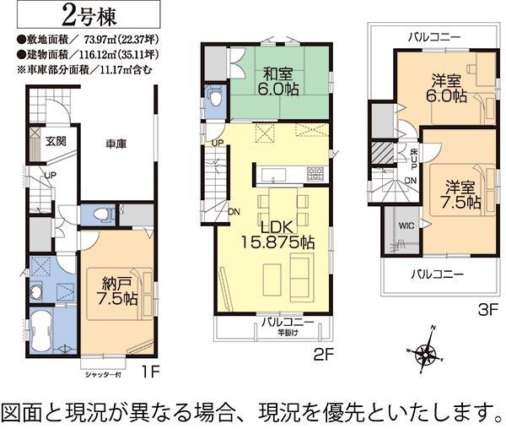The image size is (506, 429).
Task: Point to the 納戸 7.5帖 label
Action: [117, 291]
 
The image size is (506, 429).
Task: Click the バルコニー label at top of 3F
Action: [433, 37]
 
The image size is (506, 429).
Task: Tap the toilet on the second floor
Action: [216, 99]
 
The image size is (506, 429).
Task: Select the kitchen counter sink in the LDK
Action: [274, 175]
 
